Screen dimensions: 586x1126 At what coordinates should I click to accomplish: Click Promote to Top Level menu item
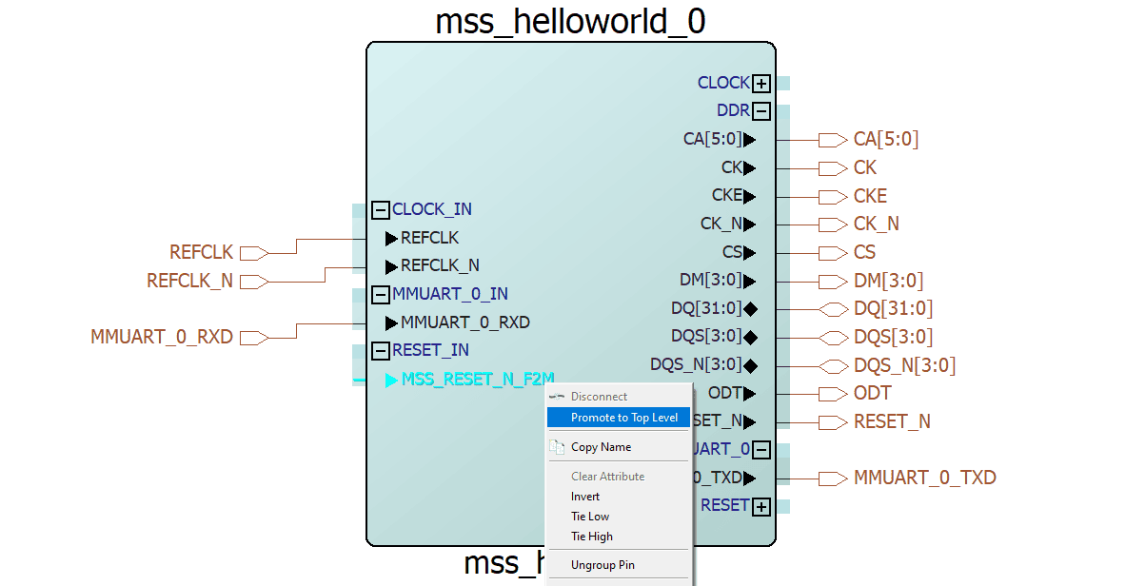(x=623, y=418)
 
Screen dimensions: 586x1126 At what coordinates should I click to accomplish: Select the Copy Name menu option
(x=601, y=447)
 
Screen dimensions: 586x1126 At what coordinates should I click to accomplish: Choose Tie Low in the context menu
(x=590, y=517)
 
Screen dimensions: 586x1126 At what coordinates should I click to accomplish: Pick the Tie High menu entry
(x=592, y=537)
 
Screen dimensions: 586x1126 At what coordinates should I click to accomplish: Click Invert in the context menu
(x=585, y=497)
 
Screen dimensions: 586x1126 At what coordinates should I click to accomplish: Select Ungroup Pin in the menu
(x=603, y=565)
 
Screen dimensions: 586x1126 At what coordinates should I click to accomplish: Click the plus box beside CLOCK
(x=761, y=84)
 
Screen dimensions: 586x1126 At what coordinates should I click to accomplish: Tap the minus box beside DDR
(x=761, y=111)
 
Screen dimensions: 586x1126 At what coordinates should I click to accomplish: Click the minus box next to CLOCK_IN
(x=381, y=210)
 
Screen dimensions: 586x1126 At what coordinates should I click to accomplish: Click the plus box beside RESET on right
(x=761, y=506)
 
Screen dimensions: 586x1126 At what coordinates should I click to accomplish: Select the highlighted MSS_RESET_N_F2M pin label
(x=477, y=380)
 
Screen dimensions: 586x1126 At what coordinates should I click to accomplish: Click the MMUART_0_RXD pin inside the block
(x=464, y=322)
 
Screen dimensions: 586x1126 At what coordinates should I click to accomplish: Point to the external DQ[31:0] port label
(x=893, y=309)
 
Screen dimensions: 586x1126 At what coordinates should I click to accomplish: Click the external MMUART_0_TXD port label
(x=924, y=478)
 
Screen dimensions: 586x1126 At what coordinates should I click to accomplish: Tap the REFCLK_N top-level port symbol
(x=252, y=282)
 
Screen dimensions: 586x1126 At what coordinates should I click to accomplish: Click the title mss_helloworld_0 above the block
(x=570, y=21)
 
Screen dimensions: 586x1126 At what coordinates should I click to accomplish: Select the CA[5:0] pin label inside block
(x=711, y=140)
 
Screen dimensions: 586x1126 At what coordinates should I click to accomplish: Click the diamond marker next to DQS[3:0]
(x=750, y=337)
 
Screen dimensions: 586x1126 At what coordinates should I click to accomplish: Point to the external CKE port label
(x=870, y=196)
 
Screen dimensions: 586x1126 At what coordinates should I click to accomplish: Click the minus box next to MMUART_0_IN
(x=381, y=295)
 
